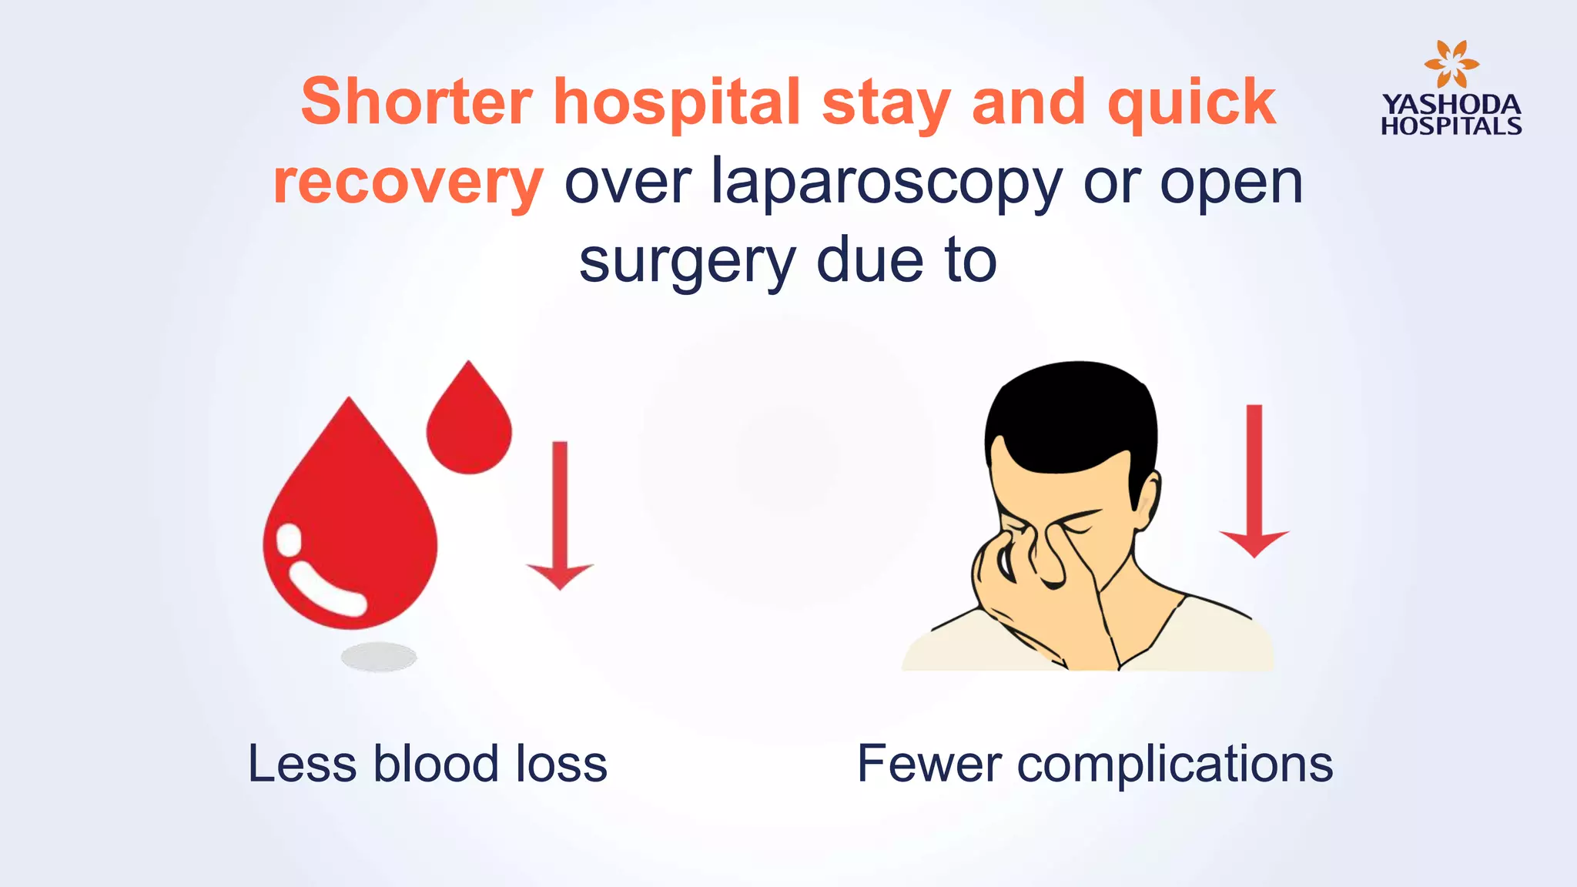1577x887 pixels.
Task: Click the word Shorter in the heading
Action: click(416, 102)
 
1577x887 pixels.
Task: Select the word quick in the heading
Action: click(1191, 103)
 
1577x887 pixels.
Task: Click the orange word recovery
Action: click(408, 183)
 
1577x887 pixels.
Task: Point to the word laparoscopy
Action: click(886, 183)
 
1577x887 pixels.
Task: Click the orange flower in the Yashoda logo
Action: click(1451, 64)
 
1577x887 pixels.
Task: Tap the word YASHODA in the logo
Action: click(1451, 105)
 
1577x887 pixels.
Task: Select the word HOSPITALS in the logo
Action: click(1451, 126)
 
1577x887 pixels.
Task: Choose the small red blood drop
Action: click(468, 423)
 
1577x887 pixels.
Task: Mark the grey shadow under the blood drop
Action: click(379, 657)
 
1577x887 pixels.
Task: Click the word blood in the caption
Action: click(436, 764)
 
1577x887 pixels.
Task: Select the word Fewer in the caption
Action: click(929, 764)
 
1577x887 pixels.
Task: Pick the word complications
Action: click(1175, 764)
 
